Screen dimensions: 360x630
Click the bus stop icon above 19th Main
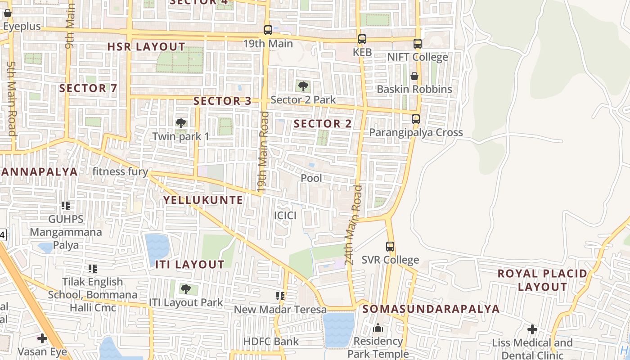click(x=268, y=30)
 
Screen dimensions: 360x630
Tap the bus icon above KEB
click(x=362, y=39)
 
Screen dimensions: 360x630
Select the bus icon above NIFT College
click(x=418, y=44)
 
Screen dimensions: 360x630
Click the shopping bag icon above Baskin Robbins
click(x=414, y=76)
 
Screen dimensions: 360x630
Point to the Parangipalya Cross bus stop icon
click(x=416, y=119)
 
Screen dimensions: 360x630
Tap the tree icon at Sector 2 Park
click(x=303, y=86)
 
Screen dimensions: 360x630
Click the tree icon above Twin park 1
click(x=180, y=123)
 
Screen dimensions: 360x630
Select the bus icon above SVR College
click(x=390, y=247)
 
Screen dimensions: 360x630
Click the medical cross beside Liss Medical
click(x=532, y=329)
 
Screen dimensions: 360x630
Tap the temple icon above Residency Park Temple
click(x=378, y=328)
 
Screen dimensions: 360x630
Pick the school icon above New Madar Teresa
click(x=280, y=296)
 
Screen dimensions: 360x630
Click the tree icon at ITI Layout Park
click(x=185, y=289)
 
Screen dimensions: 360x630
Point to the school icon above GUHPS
click(x=66, y=206)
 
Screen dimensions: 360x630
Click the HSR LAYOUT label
click(x=146, y=47)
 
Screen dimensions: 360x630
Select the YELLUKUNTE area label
click(x=203, y=200)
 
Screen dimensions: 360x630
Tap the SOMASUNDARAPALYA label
click(x=431, y=309)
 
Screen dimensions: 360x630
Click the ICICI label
click(x=285, y=216)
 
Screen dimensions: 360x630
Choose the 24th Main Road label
click(x=353, y=225)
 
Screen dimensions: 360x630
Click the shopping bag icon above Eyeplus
click(x=7, y=13)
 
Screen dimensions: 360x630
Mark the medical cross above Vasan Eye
click(x=42, y=338)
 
